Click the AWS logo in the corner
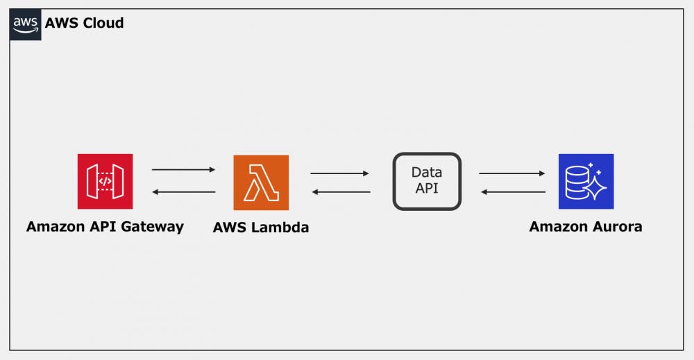click(x=25, y=24)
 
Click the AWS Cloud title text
click(x=84, y=23)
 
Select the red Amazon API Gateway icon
click(x=105, y=181)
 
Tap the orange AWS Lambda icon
click(x=261, y=182)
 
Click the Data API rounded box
click(x=427, y=181)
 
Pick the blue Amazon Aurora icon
click(x=586, y=181)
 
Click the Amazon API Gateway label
click(x=105, y=227)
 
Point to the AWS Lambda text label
click(x=261, y=228)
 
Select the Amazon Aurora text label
click(x=585, y=227)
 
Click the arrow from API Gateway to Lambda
click(x=184, y=169)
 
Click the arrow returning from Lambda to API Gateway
click(x=184, y=192)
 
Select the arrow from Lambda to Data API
click(x=339, y=173)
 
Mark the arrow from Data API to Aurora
click(x=511, y=173)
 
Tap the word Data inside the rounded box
click(x=427, y=172)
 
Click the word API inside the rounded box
click(x=427, y=188)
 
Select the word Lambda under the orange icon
click(x=280, y=228)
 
